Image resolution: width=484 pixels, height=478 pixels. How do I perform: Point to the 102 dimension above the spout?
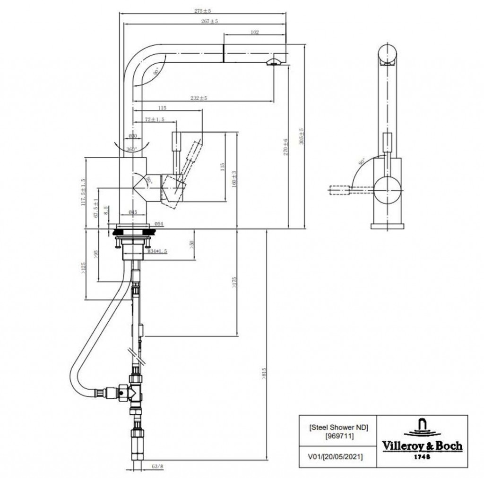[x=255, y=32]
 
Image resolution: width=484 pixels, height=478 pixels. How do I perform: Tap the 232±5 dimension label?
[x=199, y=98]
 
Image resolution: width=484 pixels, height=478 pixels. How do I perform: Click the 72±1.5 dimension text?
[x=155, y=120]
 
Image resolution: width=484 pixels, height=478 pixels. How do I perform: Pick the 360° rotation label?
[x=131, y=149]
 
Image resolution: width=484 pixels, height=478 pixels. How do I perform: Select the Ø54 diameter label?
[x=159, y=224]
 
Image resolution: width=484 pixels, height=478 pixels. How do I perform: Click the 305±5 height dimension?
[x=302, y=136]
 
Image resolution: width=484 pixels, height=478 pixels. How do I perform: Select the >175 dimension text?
[x=234, y=282]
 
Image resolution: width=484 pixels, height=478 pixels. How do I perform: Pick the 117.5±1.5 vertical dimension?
[x=83, y=192]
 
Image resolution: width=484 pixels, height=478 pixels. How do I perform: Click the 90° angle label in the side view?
[x=362, y=161]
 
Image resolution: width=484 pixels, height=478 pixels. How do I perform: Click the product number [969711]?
[x=338, y=436]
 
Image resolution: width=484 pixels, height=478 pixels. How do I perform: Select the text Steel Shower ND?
[x=338, y=428]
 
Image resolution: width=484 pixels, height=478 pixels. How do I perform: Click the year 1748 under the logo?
[x=422, y=456]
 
